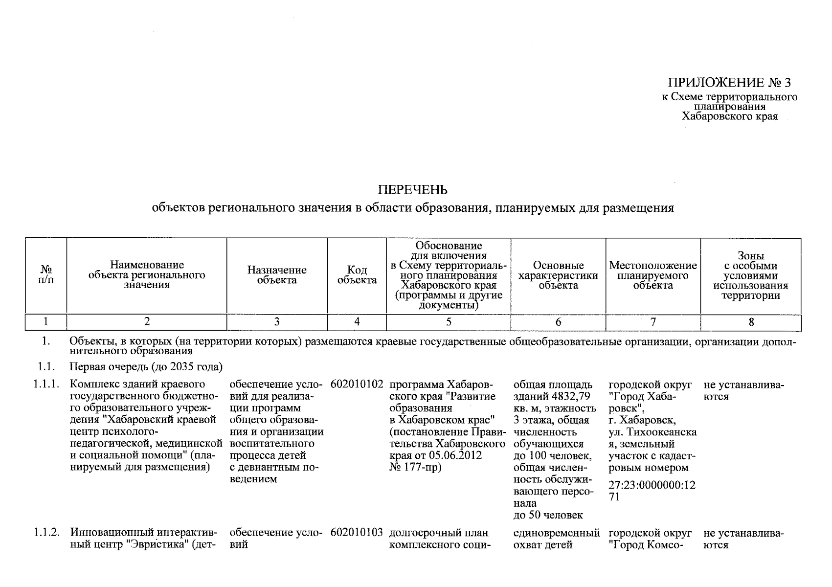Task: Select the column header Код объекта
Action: (357, 275)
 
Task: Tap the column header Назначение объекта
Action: (277, 275)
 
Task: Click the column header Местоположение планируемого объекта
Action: (653, 275)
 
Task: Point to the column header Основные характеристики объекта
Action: (558, 275)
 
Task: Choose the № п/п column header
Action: (46, 275)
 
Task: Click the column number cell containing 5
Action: (449, 322)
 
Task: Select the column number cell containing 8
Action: (751, 322)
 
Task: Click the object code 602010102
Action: (357, 384)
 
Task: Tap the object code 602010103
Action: (357, 533)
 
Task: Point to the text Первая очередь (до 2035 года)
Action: (146, 367)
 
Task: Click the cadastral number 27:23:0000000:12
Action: (652, 485)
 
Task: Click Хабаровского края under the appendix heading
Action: (729, 116)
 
